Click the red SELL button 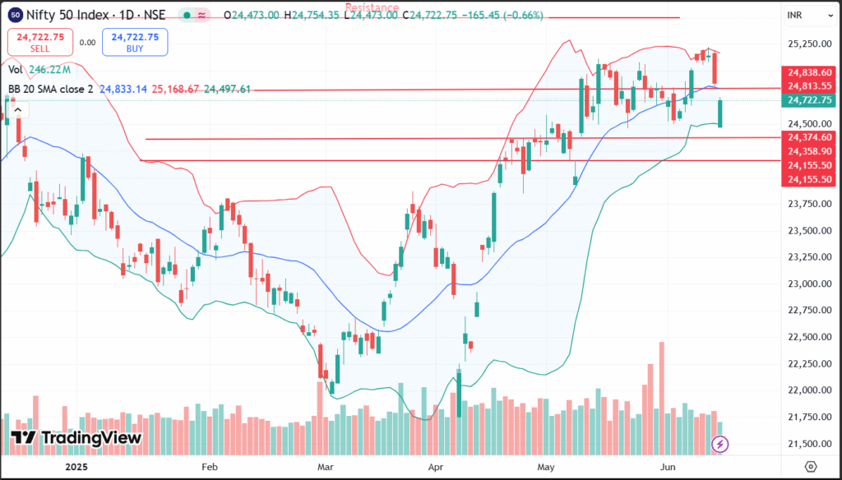pos(40,42)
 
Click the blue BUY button pos(134,42)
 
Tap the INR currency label pos(795,16)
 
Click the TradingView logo pos(76,438)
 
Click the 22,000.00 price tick pos(807,390)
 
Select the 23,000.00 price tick pos(807,284)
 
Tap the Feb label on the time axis pos(210,466)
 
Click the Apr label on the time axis pos(437,466)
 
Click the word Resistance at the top pos(372,7)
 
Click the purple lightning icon pos(721,444)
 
